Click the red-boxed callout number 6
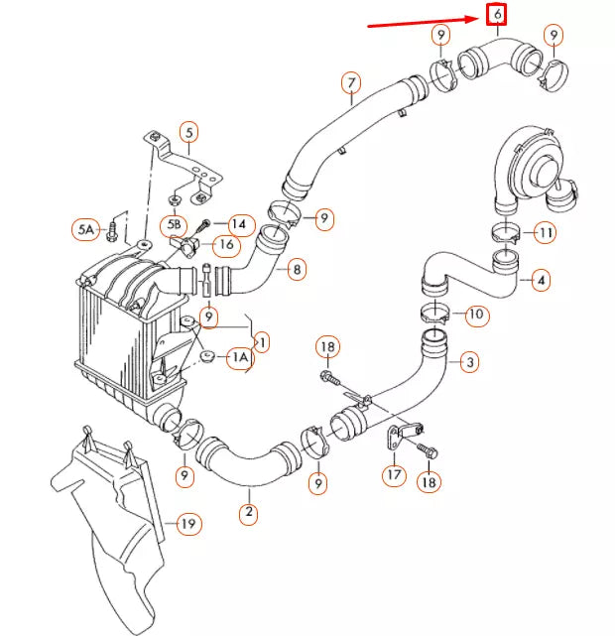point(496,15)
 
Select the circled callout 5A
point(86,230)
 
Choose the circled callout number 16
point(226,244)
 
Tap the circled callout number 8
point(295,268)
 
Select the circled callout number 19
point(187,523)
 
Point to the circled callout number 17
point(395,475)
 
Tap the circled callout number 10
point(476,316)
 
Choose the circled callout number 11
point(545,233)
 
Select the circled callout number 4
point(540,281)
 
